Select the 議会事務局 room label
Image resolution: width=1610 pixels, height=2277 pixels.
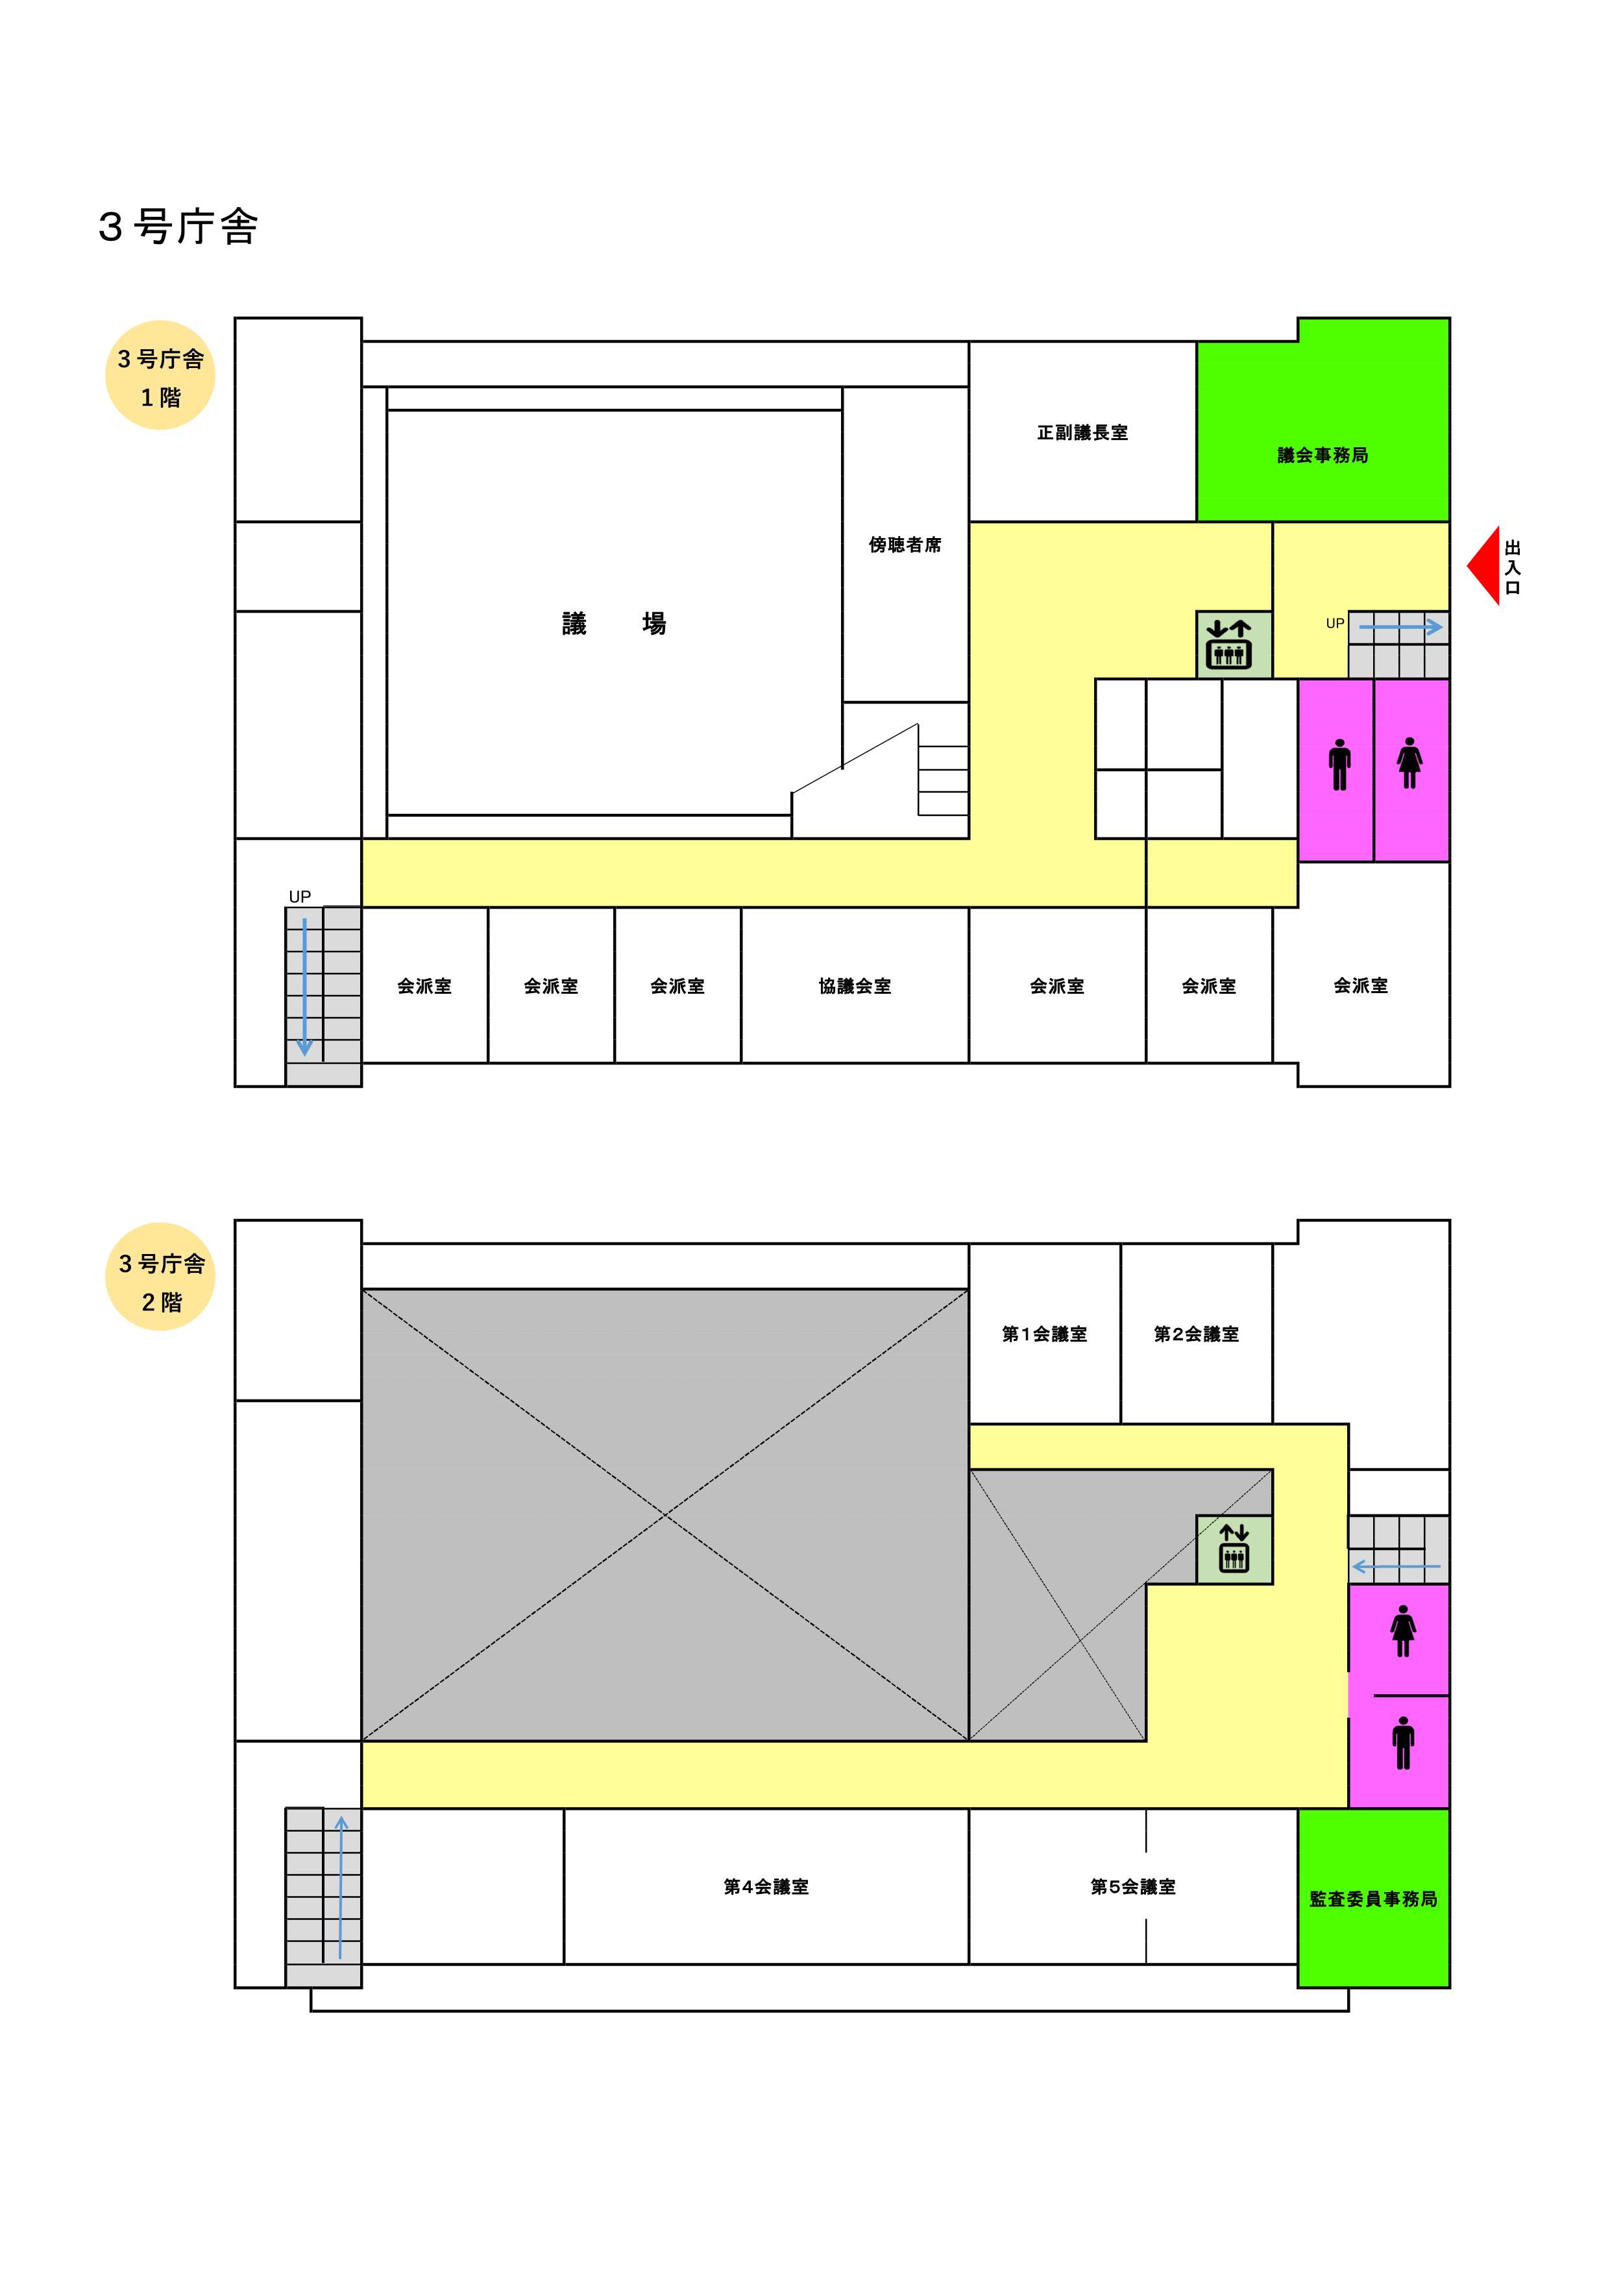pos(1323,455)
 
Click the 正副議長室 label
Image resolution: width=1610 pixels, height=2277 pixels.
pos(1082,432)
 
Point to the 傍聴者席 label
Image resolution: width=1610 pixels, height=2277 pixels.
pos(905,545)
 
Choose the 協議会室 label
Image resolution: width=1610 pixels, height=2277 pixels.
pos(855,986)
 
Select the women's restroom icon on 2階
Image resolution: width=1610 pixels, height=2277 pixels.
pos(1403,1631)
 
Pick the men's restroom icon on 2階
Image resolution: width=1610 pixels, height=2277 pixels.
pos(1403,1743)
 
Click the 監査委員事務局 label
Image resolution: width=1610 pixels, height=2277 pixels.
pos(1373,1898)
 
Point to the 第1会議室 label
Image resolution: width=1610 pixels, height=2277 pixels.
pos(1045,1334)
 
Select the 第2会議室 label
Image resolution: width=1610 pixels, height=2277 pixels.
pos(1197,1334)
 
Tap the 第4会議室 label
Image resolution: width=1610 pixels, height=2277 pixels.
pos(766,1886)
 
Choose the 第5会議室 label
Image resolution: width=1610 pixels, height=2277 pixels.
pos(1133,1886)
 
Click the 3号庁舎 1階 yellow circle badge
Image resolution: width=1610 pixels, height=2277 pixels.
pos(160,375)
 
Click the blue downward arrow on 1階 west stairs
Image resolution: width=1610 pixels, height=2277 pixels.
pos(304,987)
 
